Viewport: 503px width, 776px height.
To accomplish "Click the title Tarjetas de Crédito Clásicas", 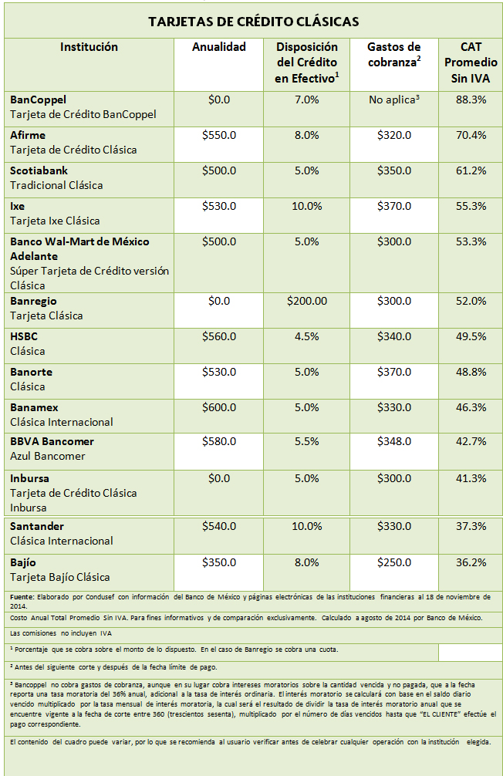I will pyautogui.click(x=253, y=21).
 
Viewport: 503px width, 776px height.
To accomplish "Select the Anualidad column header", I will pyautogui.click(x=219, y=47).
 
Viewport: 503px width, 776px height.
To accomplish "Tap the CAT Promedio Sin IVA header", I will pyautogui.click(x=471, y=62).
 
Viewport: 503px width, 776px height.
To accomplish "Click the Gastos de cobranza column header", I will pyautogui.click(x=393, y=55).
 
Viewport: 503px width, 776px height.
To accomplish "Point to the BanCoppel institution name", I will pyautogui.click(x=39, y=100).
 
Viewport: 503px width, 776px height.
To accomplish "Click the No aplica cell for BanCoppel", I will pyautogui.click(x=393, y=100).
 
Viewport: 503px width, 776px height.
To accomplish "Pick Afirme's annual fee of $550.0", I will pyautogui.click(x=219, y=135).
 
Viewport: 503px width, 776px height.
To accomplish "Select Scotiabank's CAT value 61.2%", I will pyautogui.click(x=471, y=170).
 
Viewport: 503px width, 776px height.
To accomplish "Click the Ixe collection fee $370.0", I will pyautogui.click(x=394, y=206).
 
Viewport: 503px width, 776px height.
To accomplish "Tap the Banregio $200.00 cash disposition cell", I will pyautogui.click(x=306, y=301).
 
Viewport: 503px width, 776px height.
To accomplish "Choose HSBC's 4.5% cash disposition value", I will pyautogui.click(x=306, y=336).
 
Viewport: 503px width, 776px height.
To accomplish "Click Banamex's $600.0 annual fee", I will pyautogui.click(x=219, y=407).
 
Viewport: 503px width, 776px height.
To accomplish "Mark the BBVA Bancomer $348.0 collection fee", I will pyautogui.click(x=394, y=441).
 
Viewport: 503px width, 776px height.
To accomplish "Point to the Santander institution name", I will pyautogui.click(x=37, y=526).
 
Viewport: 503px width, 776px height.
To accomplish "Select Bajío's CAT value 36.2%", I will pyautogui.click(x=471, y=562).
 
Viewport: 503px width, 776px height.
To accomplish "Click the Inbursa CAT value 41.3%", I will pyautogui.click(x=471, y=478).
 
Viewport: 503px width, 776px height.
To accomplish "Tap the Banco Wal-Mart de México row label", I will pyautogui.click(x=79, y=241).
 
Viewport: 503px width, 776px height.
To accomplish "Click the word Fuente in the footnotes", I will pyautogui.click(x=23, y=598).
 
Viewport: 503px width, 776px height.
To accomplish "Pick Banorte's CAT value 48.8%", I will pyautogui.click(x=471, y=372).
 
